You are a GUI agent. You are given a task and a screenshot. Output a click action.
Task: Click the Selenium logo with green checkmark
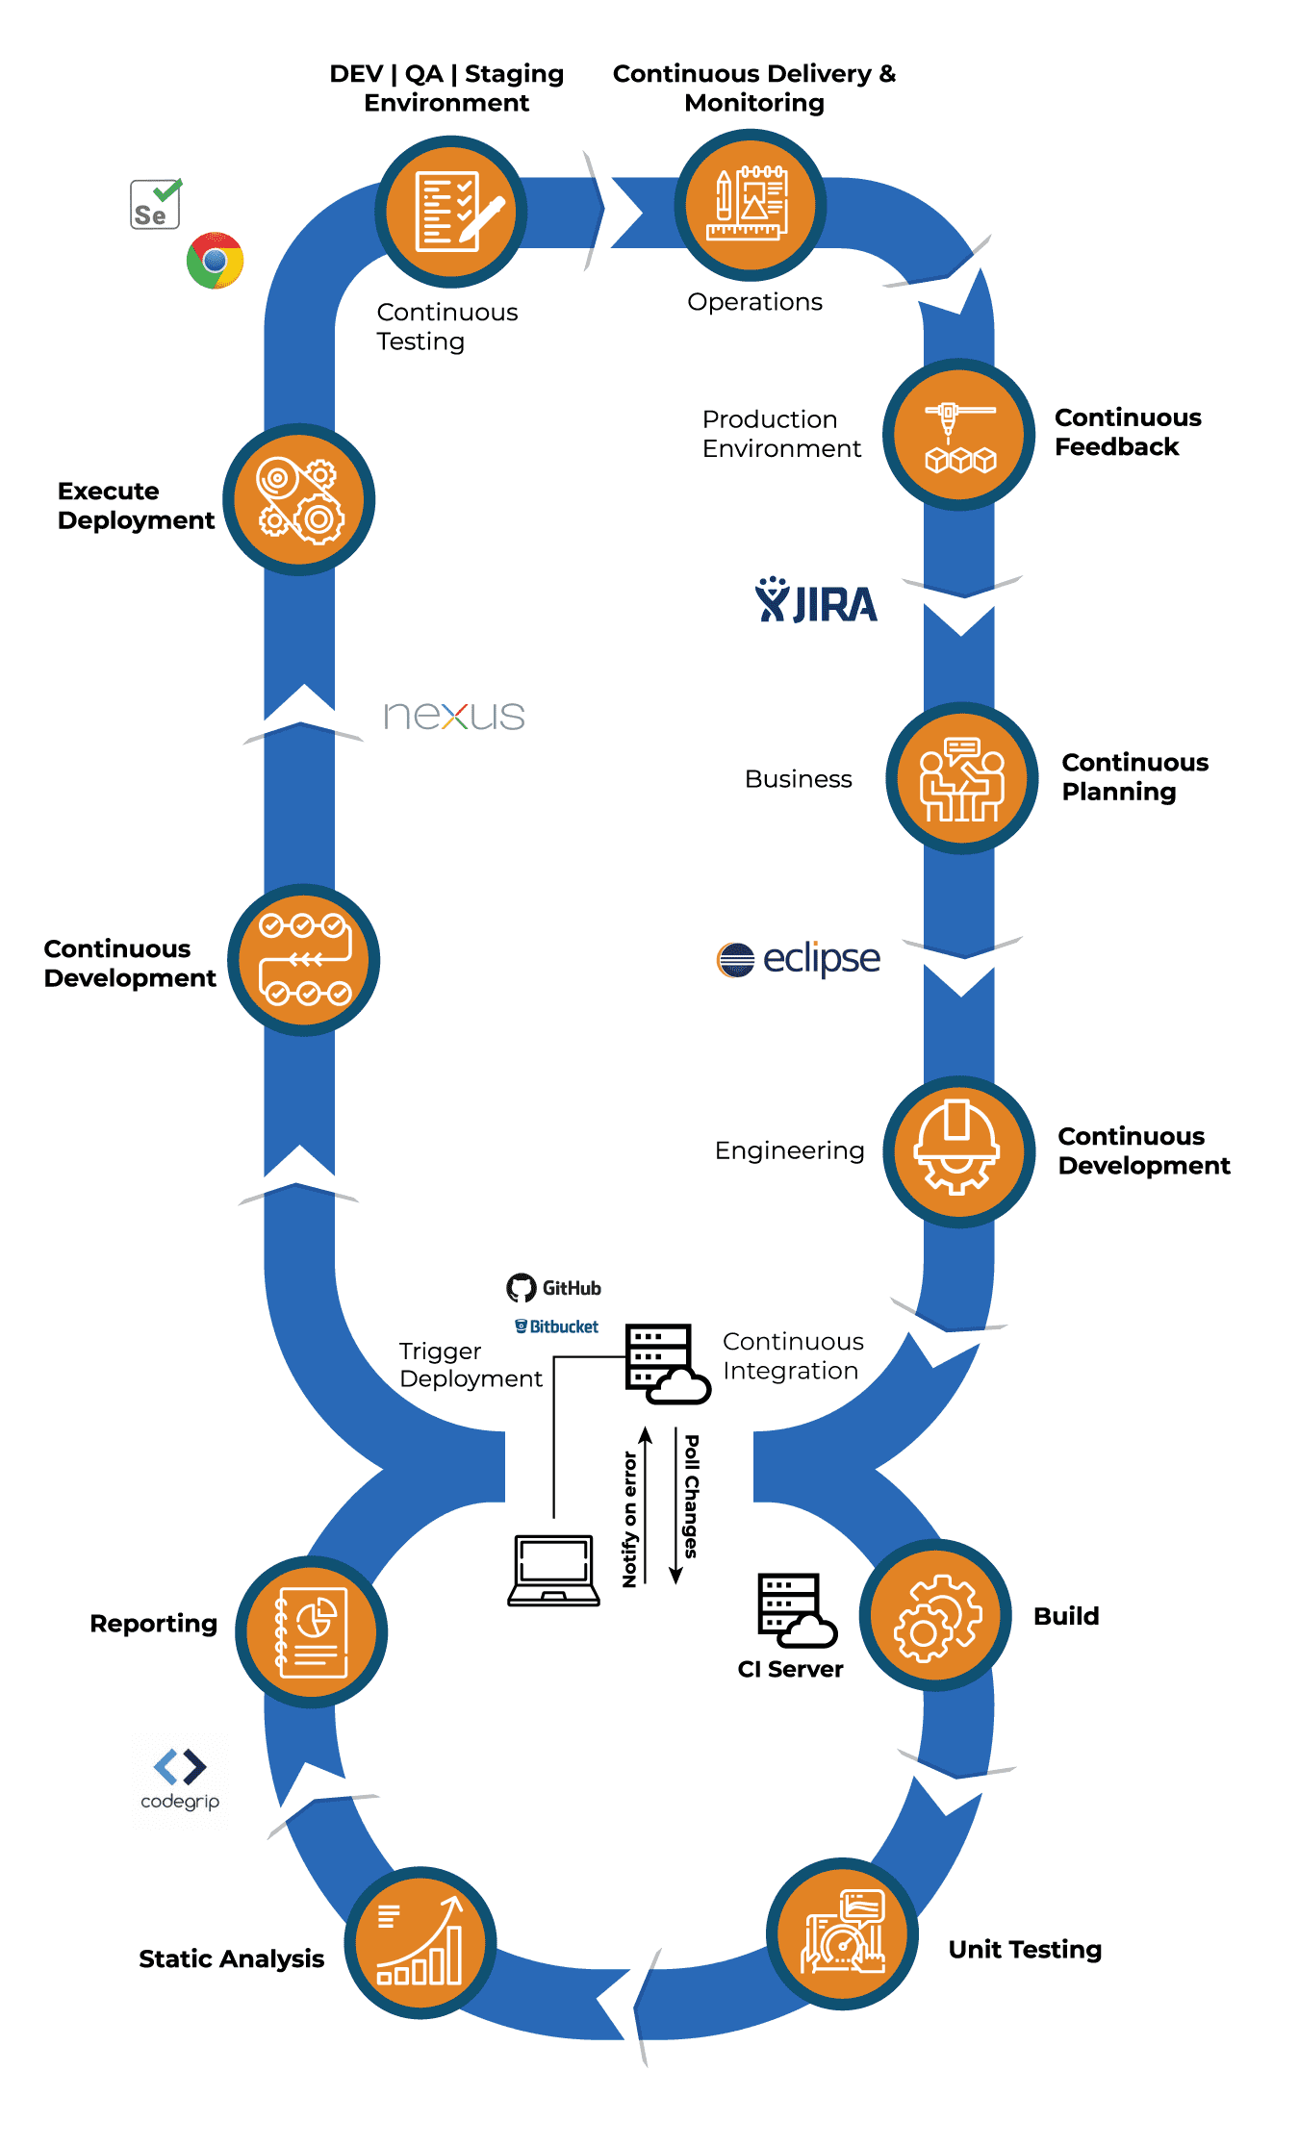(x=155, y=205)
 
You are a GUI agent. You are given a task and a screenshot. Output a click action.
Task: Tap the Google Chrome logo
(x=215, y=261)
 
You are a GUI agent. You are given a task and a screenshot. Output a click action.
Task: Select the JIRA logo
(x=816, y=602)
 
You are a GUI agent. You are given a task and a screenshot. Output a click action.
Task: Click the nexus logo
(x=454, y=717)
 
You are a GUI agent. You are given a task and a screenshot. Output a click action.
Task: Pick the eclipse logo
(x=798, y=960)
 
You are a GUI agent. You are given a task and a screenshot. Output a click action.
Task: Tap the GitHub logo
(x=554, y=1288)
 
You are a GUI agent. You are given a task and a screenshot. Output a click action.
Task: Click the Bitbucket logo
(x=557, y=1326)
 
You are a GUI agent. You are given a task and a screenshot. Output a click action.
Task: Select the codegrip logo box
(x=180, y=1781)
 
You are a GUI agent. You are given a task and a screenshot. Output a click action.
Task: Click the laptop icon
(x=553, y=1570)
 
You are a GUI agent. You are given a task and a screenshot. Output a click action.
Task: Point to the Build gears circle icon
(x=935, y=1616)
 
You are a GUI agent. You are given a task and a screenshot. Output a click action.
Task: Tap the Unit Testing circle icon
(x=843, y=1934)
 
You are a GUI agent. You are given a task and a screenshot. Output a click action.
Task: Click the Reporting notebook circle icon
(x=311, y=1632)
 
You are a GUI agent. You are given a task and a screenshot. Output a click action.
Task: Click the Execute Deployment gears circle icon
(x=299, y=500)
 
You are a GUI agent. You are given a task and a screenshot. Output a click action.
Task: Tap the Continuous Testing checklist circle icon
(x=450, y=212)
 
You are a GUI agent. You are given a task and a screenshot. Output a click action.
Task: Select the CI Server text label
(x=790, y=1670)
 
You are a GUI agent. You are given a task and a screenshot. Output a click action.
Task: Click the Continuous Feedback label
(x=1127, y=432)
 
